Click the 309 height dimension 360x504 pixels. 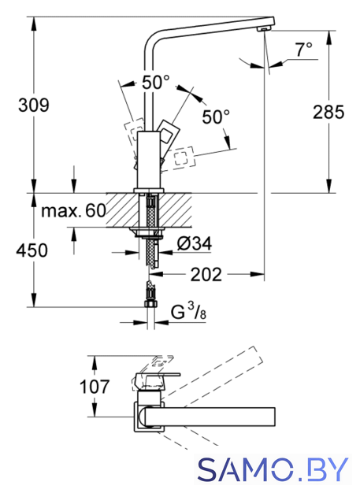pos(33,105)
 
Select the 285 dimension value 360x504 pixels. pos(328,112)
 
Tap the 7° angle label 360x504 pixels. pos(304,50)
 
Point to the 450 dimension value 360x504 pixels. pos(32,250)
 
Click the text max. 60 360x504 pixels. pos(73,211)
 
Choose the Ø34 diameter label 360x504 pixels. pos(195,243)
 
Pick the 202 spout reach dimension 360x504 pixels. pos(206,275)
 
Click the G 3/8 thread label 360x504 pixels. pos(188,311)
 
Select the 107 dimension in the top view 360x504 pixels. pos(95,387)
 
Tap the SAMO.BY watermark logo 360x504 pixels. pos(273,469)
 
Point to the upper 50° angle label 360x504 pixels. pos(156,82)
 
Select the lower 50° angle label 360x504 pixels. pos(216,117)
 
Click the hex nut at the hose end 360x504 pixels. pos(150,304)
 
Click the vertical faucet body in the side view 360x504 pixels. pos(149,160)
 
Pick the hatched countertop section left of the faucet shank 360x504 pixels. pos(123,210)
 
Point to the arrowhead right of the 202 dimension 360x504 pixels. pos(257,274)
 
